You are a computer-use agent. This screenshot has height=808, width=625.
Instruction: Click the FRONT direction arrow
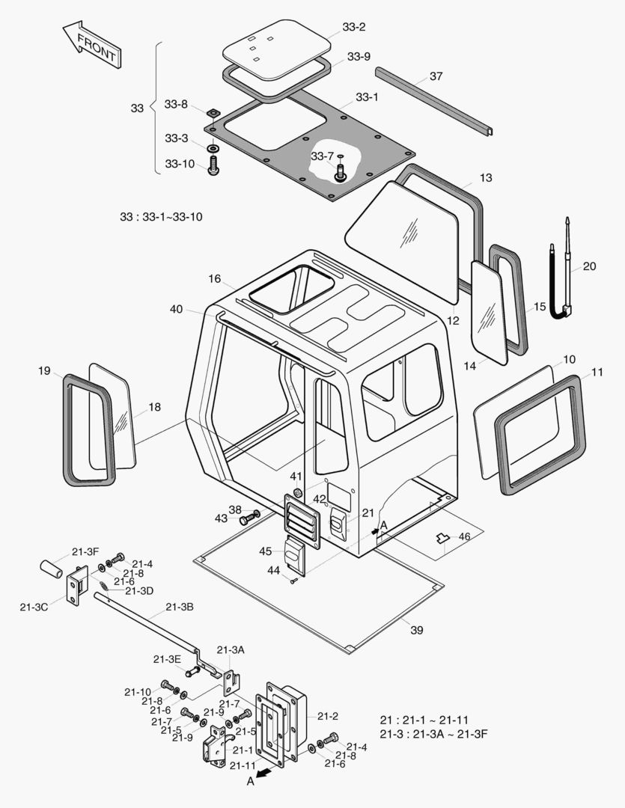pyautogui.click(x=90, y=44)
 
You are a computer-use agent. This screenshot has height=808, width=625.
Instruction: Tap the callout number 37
pyautogui.click(x=436, y=76)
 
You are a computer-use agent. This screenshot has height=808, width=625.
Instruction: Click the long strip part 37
pyautogui.click(x=434, y=102)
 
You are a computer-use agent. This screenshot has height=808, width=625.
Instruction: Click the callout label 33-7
pyautogui.click(x=322, y=156)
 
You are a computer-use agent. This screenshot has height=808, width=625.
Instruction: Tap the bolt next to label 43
pyautogui.click(x=248, y=518)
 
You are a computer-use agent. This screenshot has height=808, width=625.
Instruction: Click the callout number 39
pyautogui.click(x=416, y=630)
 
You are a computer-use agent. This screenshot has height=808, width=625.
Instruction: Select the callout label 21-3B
pyautogui.click(x=179, y=606)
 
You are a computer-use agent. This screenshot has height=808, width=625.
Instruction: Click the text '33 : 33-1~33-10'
pyautogui.click(x=161, y=217)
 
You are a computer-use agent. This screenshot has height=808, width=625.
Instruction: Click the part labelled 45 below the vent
pyautogui.click(x=294, y=557)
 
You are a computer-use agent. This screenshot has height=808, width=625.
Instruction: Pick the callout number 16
pyautogui.click(x=215, y=278)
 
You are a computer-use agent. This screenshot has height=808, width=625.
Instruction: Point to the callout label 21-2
pyautogui.click(x=328, y=716)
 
